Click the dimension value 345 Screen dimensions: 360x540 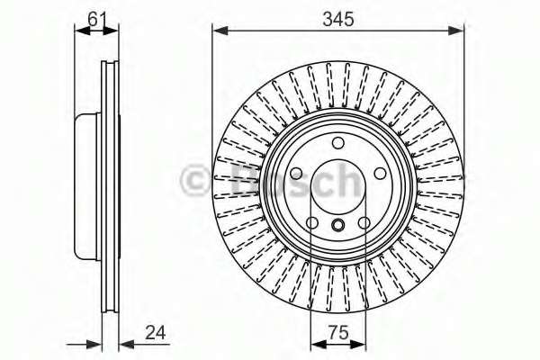coord(337,16)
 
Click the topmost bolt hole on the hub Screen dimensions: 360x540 coord(337,144)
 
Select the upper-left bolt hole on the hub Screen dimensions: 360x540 coord(296,174)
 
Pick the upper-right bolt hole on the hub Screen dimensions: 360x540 coord(379,174)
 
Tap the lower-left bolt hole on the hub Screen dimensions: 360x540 coord(311,223)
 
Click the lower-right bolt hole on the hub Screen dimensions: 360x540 coord(364,223)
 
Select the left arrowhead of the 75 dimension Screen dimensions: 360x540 coord(315,343)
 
